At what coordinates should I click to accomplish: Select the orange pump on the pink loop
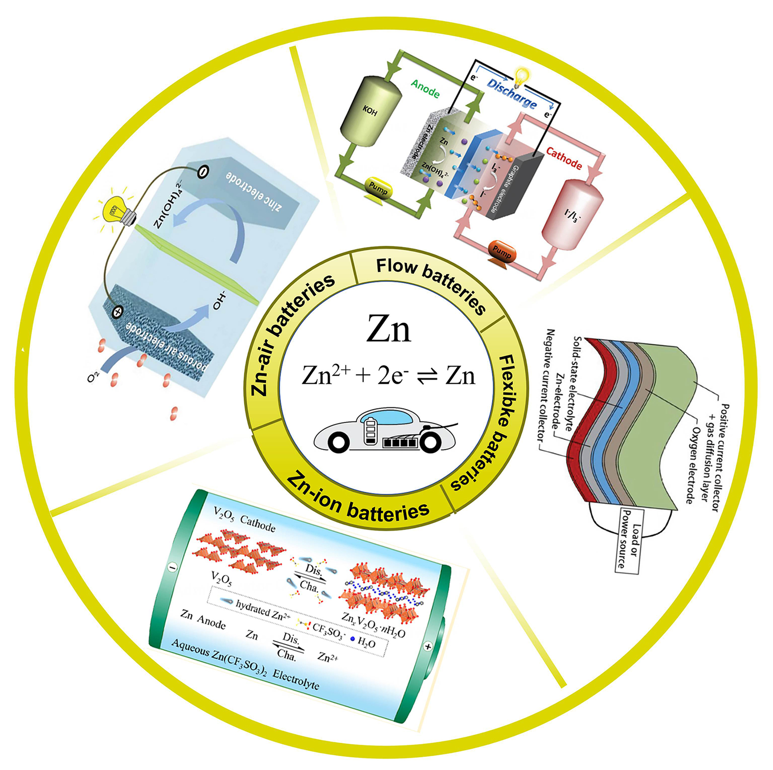(x=502, y=252)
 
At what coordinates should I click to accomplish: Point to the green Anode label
(x=425, y=88)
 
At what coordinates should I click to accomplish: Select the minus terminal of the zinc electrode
(x=203, y=172)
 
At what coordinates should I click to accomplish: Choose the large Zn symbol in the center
(x=389, y=330)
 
